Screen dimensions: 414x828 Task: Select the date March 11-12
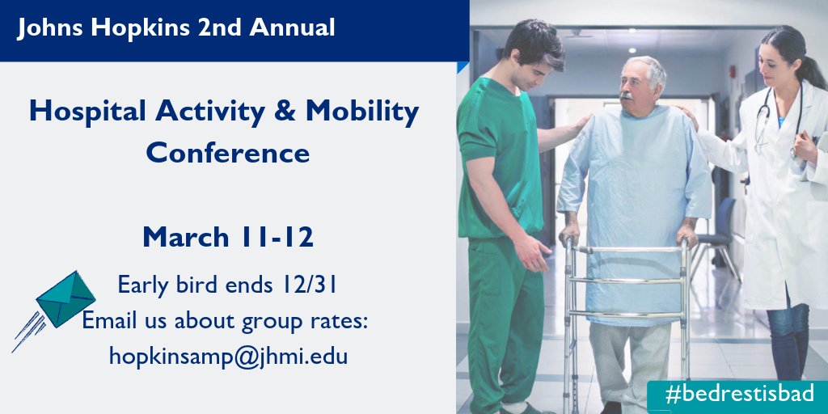(x=228, y=238)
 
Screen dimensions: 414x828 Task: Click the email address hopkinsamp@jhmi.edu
(x=228, y=355)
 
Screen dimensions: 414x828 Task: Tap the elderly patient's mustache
(x=626, y=95)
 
